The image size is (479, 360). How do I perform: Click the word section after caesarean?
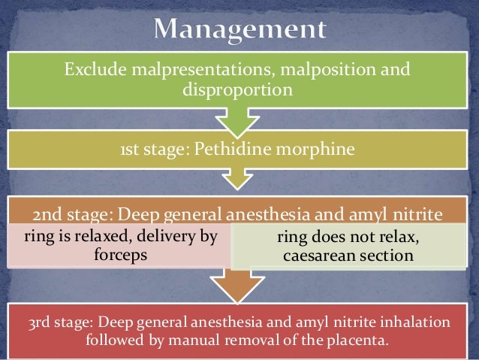pyautogui.click(x=387, y=256)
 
